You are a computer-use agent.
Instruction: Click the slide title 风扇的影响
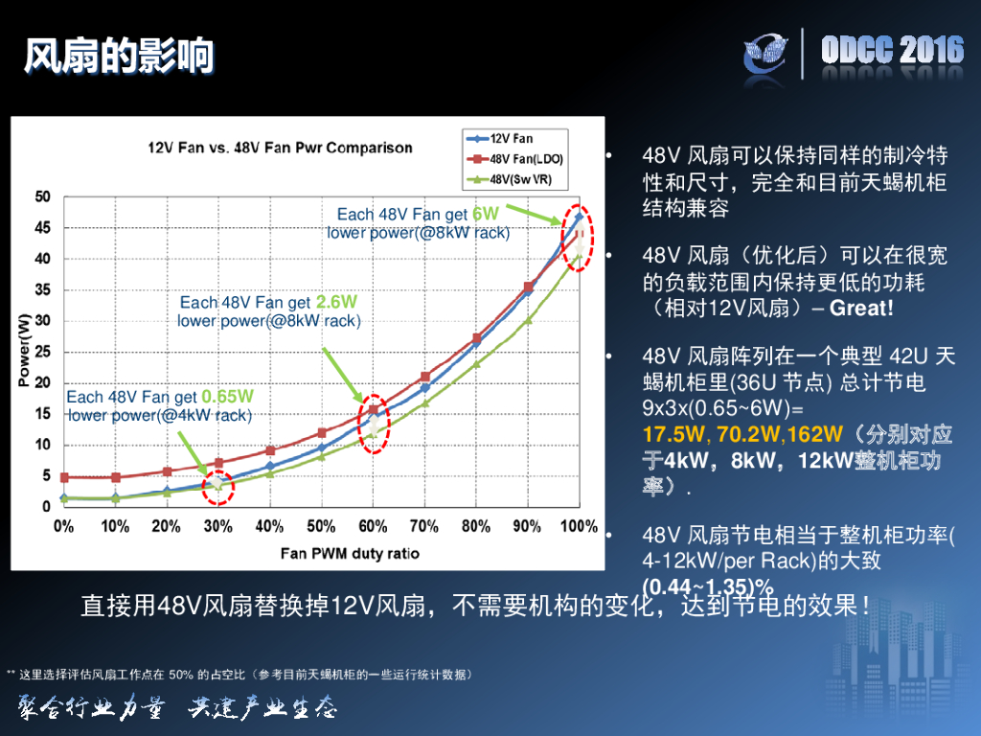pos(119,57)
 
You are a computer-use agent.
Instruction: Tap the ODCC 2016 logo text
pos(892,51)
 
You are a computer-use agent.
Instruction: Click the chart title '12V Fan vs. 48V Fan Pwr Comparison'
pos(280,148)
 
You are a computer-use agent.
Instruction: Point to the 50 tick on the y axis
pos(43,196)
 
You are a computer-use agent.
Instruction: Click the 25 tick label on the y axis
pos(43,352)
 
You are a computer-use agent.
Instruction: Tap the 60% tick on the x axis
pos(372,526)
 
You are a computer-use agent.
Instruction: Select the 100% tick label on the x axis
pos(579,526)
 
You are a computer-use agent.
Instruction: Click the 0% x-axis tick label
pos(63,526)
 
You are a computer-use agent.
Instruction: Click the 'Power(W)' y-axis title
pos(24,350)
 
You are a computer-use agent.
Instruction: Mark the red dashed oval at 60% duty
pos(374,423)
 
